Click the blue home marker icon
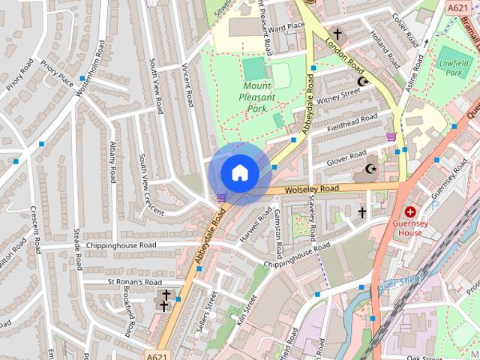[239, 173]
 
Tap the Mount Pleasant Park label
[257, 97]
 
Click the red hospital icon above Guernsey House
[411, 212]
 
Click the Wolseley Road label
[312, 190]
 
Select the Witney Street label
[340, 97]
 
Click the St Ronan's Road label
[133, 282]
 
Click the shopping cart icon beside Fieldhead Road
[391, 136]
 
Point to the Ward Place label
[286, 27]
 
